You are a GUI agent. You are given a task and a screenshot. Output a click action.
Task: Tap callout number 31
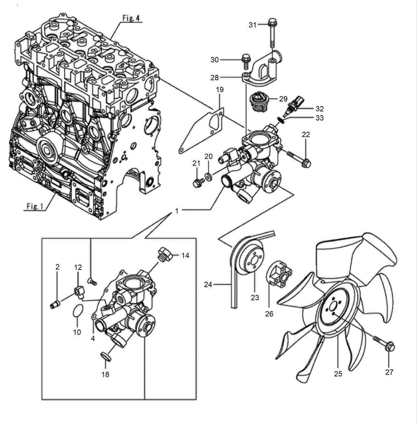(253, 25)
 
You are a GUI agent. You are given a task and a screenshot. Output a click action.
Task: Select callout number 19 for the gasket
(219, 90)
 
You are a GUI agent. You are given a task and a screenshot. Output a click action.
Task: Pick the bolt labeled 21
(198, 182)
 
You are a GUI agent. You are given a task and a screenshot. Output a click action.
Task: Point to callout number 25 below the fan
(338, 374)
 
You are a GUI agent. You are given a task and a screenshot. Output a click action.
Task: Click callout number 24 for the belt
(208, 284)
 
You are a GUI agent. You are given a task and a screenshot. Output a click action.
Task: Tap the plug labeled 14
(164, 254)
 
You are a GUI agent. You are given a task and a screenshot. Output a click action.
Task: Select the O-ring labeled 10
(77, 311)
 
